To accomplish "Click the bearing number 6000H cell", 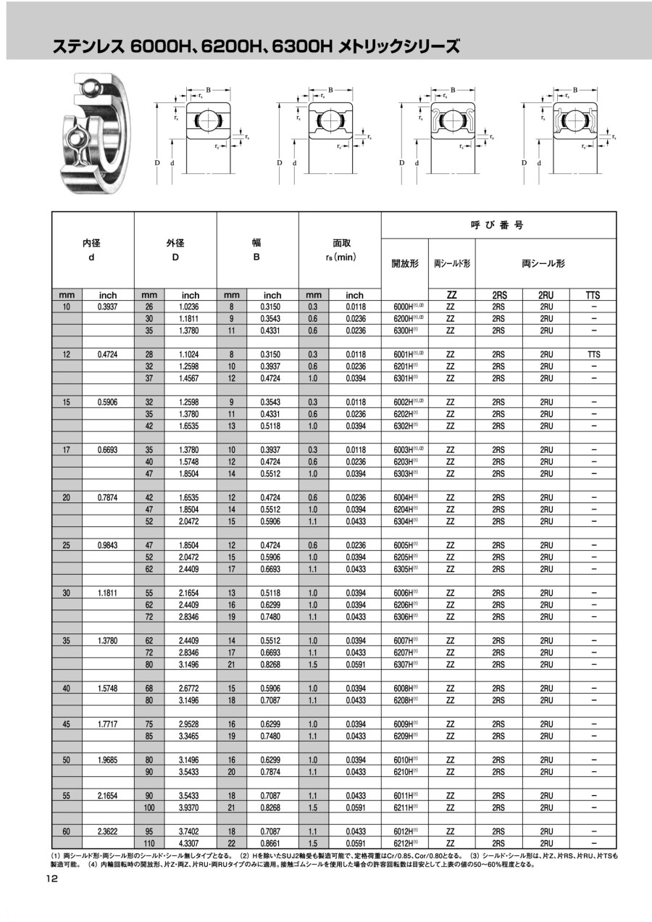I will point(404,307).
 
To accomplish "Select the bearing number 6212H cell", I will point(404,843).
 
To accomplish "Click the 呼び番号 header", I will point(498,225).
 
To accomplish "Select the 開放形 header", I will point(405,264).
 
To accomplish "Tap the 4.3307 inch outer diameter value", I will point(190,843).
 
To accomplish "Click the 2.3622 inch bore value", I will point(108,831).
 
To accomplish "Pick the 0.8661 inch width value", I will point(272,843).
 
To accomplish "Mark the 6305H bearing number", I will point(404,569).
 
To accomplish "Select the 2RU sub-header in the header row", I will point(546,295).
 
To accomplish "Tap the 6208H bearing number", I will point(404,700).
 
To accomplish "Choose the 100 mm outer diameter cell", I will point(149,807).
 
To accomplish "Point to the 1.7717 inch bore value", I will point(108,723).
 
